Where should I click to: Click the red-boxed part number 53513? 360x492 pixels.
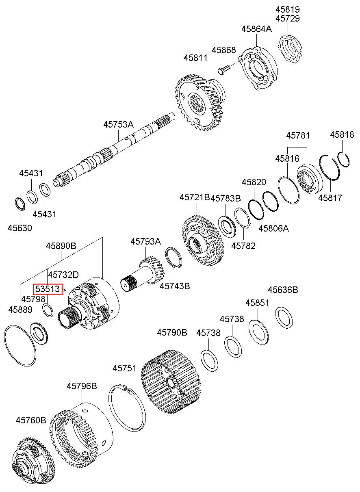click(x=48, y=288)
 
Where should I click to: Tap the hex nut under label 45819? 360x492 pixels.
click(x=290, y=49)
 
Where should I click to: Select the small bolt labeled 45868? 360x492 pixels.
click(x=224, y=69)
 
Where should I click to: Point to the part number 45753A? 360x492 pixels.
click(x=118, y=125)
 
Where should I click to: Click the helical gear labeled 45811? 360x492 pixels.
click(x=200, y=103)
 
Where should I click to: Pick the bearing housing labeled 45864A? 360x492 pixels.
click(x=258, y=68)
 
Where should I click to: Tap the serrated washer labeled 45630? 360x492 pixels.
click(x=20, y=205)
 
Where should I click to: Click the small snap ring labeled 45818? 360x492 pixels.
click(x=343, y=160)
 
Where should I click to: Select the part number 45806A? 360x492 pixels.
click(x=274, y=228)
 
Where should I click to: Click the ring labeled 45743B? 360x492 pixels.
click(x=173, y=258)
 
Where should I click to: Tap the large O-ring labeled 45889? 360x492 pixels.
click(x=20, y=346)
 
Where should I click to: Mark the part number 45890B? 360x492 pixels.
click(x=61, y=246)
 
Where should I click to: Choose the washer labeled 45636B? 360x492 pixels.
click(x=284, y=318)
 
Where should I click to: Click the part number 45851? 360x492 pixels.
click(x=257, y=303)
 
